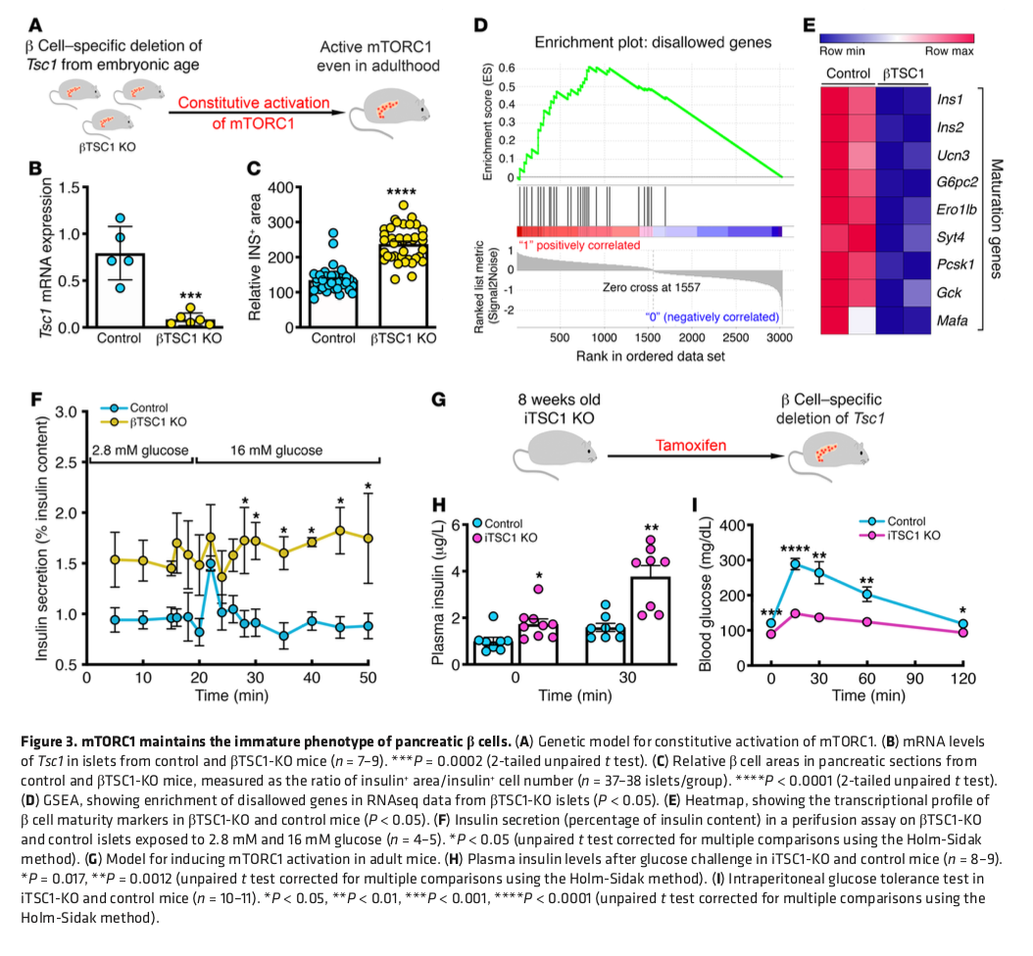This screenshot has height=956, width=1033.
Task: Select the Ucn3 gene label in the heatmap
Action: coord(950,155)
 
